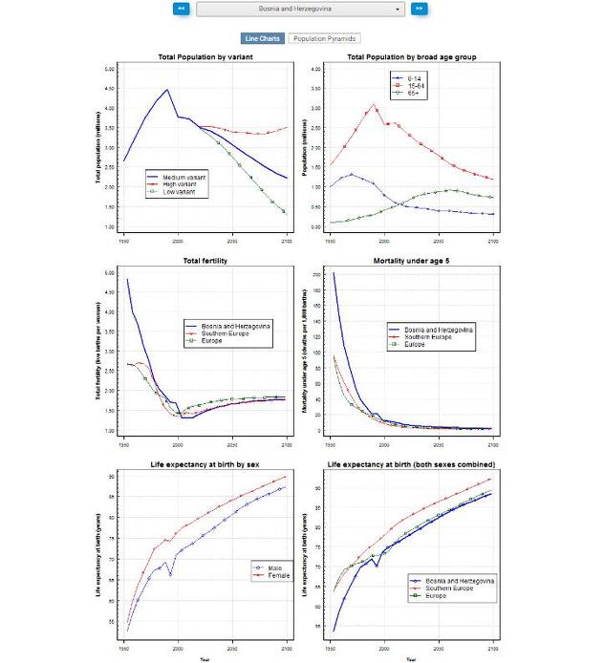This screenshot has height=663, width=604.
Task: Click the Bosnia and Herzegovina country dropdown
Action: [x=301, y=9]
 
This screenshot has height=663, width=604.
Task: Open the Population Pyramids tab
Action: [x=324, y=38]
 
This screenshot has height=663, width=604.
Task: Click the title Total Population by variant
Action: [x=211, y=57]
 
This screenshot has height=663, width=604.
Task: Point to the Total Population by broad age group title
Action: [x=412, y=57]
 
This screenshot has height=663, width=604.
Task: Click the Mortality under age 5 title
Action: [x=412, y=261]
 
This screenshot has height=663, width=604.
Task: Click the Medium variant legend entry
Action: [x=181, y=177]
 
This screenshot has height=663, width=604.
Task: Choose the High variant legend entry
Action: [x=178, y=184]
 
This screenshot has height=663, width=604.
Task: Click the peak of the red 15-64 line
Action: [x=374, y=104]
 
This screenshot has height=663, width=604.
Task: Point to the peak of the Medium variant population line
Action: [x=167, y=90]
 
